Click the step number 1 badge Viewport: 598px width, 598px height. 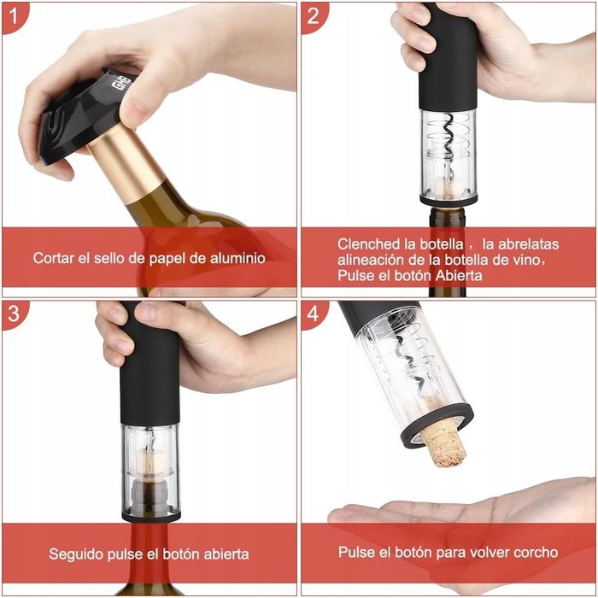point(14,16)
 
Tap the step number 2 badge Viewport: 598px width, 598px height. point(313,16)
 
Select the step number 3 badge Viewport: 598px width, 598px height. point(14,314)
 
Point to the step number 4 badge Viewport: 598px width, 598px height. point(313,314)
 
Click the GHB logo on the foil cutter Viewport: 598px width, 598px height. point(122,82)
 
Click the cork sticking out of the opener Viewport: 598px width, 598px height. point(444,446)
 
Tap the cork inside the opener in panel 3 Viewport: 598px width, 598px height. point(149,462)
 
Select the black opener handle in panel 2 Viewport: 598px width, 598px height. point(448,56)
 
